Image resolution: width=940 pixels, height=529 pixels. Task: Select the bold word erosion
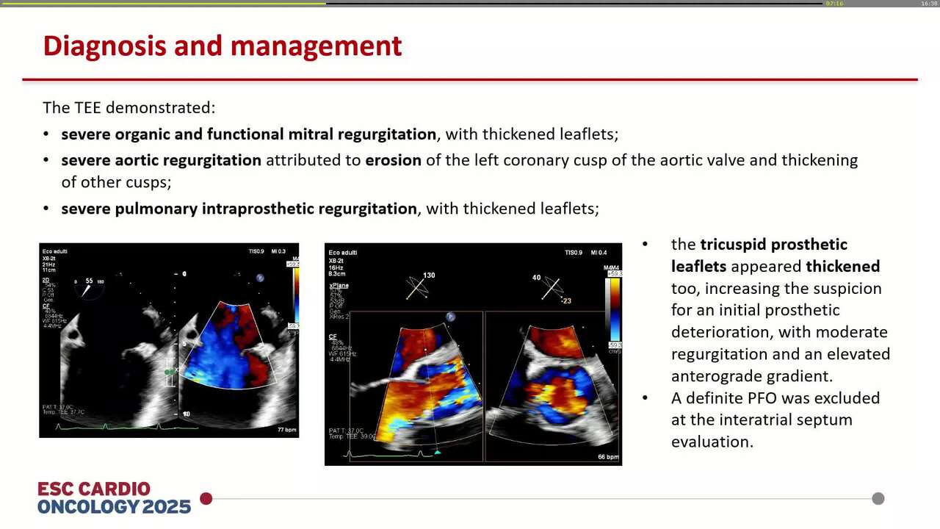tap(393, 160)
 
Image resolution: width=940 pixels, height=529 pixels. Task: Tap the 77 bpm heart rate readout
tap(286, 429)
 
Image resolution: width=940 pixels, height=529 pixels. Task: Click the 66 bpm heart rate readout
tap(608, 457)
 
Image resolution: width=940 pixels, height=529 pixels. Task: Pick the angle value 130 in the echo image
tap(429, 276)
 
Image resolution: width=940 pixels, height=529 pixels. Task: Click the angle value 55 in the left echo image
tap(89, 281)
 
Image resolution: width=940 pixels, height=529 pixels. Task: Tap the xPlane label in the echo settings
tap(339, 285)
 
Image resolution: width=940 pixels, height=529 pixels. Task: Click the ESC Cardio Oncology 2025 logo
tap(114, 498)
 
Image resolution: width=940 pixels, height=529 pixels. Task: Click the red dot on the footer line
tap(206, 499)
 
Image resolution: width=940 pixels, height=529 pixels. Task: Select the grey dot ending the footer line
tap(878, 499)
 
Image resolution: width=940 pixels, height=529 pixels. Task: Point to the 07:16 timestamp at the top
tap(834, 4)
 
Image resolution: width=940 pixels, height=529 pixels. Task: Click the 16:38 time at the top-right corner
tap(929, 4)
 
